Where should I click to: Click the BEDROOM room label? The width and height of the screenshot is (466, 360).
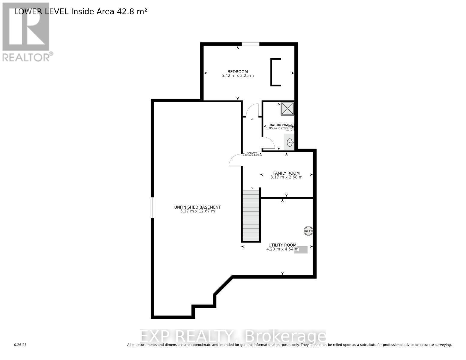point(238,72)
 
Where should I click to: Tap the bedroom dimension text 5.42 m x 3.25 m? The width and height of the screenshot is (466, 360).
point(238,76)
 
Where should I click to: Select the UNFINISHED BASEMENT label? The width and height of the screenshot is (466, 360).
point(197,207)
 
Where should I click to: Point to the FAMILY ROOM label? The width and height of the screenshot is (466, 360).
point(286,173)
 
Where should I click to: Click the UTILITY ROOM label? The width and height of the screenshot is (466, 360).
point(282,245)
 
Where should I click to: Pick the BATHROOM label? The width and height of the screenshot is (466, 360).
point(278,125)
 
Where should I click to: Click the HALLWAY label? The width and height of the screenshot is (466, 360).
point(252,153)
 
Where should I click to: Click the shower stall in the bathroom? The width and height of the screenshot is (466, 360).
point(287,109)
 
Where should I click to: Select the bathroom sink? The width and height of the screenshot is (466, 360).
point(290,142)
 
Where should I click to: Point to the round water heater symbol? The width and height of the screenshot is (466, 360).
point(308,231)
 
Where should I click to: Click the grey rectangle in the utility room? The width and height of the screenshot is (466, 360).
point(301,250)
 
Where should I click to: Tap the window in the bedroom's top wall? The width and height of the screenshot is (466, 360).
point(251,44)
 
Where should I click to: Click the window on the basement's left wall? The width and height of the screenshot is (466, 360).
point(152,208)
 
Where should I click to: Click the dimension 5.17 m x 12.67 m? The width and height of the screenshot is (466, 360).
point(197,211)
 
